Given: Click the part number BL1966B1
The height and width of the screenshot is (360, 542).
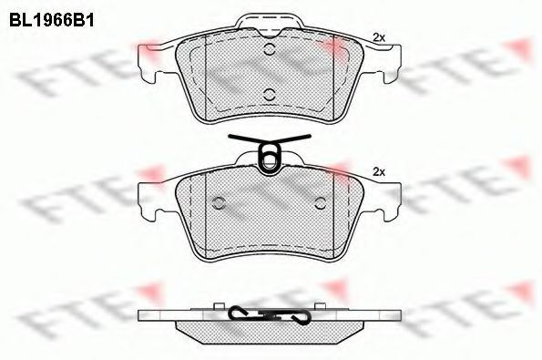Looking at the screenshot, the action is (x=52, y=20).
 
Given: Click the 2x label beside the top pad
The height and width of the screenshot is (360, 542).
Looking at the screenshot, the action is (x=379, y=37).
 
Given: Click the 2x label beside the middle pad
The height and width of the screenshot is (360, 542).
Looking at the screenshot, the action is (x=379, y=172).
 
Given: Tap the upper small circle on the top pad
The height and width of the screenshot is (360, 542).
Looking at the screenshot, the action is (x=270, y=49).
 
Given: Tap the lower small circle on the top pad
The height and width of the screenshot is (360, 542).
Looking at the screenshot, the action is (x=270, y=94).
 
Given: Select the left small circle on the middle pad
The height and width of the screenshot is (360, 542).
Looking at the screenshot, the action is (x=218, y=203).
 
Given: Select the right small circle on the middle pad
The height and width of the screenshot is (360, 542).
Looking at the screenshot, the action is (x=321, y=203).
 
